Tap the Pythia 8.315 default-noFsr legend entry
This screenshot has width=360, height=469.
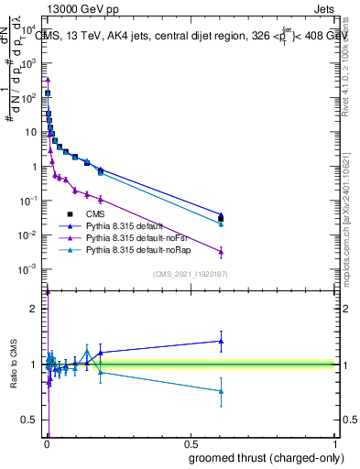click(x=139, y=237)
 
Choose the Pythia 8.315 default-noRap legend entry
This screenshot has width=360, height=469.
click(x=140, y=249)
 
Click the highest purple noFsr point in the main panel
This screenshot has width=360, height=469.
click(x=48, y=80)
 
